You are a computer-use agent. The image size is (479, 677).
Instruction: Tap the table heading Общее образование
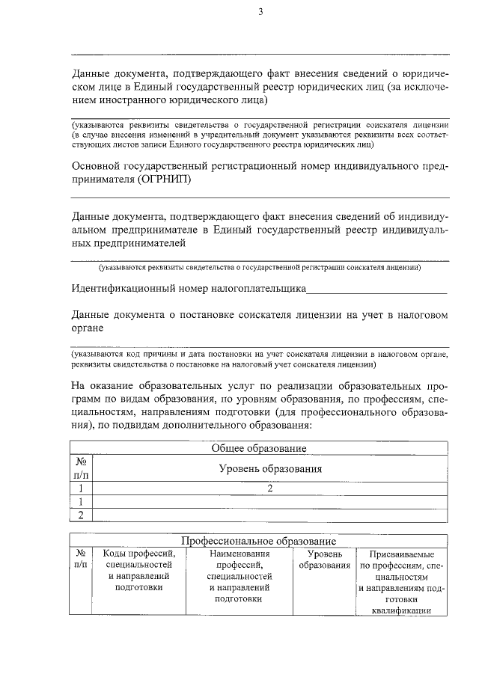click(259, 448)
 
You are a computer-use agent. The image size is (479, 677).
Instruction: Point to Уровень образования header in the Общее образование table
click(269, 469)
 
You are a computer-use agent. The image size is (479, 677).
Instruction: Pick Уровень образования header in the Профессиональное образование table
click(325, 560)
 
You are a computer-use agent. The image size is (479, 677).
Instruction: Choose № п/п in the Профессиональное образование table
click(82, 560)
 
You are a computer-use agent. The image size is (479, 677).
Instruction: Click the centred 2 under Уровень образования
click(269, 488)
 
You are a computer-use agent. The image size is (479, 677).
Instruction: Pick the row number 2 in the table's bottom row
click(82, 514)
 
